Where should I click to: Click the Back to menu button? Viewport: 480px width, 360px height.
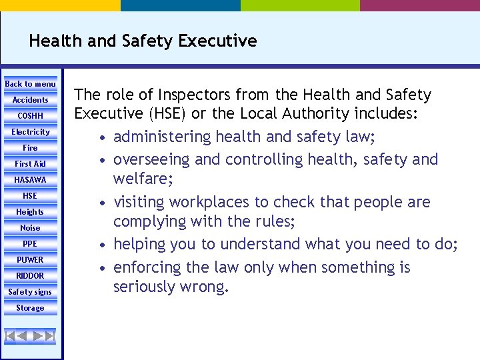click(31, 84)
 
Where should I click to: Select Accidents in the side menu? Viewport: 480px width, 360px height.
click(31, 100)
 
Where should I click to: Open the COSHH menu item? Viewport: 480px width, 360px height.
click(31, 116)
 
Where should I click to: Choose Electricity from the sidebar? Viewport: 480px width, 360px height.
click(31, 132)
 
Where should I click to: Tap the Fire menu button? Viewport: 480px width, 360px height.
click(31, 148)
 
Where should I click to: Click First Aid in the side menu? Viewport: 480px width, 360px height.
click(31, 164)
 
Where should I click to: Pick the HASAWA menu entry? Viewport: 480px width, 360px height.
click(31, 180)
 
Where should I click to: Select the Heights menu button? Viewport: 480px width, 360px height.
click(31, 212)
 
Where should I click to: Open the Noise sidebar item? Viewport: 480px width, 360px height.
click(31, 228)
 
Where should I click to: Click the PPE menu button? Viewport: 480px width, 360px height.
click(31, 244)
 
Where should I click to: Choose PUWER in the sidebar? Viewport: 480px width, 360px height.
click(31, 260)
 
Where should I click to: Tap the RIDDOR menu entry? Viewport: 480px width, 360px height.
click(31, 276)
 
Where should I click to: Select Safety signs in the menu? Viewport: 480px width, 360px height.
click(31, 292)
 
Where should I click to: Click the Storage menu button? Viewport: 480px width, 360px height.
click(31, 308)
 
